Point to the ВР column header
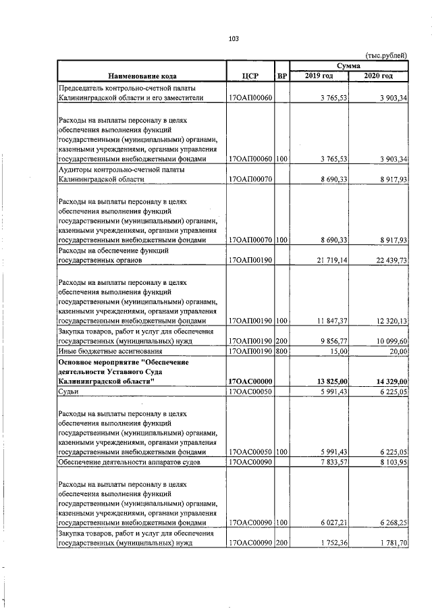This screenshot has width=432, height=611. click(x=282, y=76)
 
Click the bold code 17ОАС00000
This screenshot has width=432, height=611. click(x=250, y=381)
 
